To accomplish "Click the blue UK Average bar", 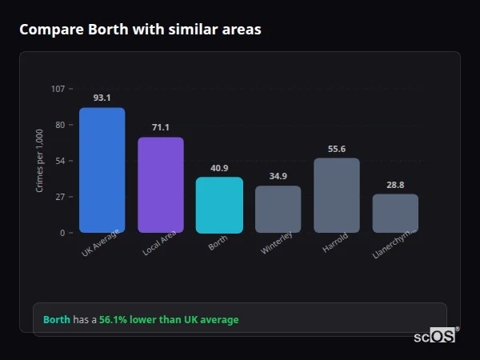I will (x=102, y=170).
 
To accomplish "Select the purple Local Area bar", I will (x=161, y=185).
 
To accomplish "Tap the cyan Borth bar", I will (x=219, y=205).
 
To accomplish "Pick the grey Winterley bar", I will (x=278, y=210).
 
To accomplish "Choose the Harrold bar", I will (x=337, y=195).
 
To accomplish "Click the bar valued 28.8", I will (x=395, y=214).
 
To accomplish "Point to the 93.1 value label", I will (x=102, y=98).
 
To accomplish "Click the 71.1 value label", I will (x=161, y=127).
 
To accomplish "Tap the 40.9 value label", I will (x=219, y=168).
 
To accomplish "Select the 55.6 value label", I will (x=337, y=149).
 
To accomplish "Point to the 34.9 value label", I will (x=278, y=176).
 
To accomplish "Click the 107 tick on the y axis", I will (x=58, y=89).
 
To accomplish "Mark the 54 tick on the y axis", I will (x=60, y=161).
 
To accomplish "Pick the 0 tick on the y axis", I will (x=62, y=233).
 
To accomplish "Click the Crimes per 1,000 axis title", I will (x=40, y=161).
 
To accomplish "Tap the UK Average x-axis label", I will (x=101, y=243).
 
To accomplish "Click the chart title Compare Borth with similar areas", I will (x=140, y=30).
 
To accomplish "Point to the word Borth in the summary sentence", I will (x=56, y=320).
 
